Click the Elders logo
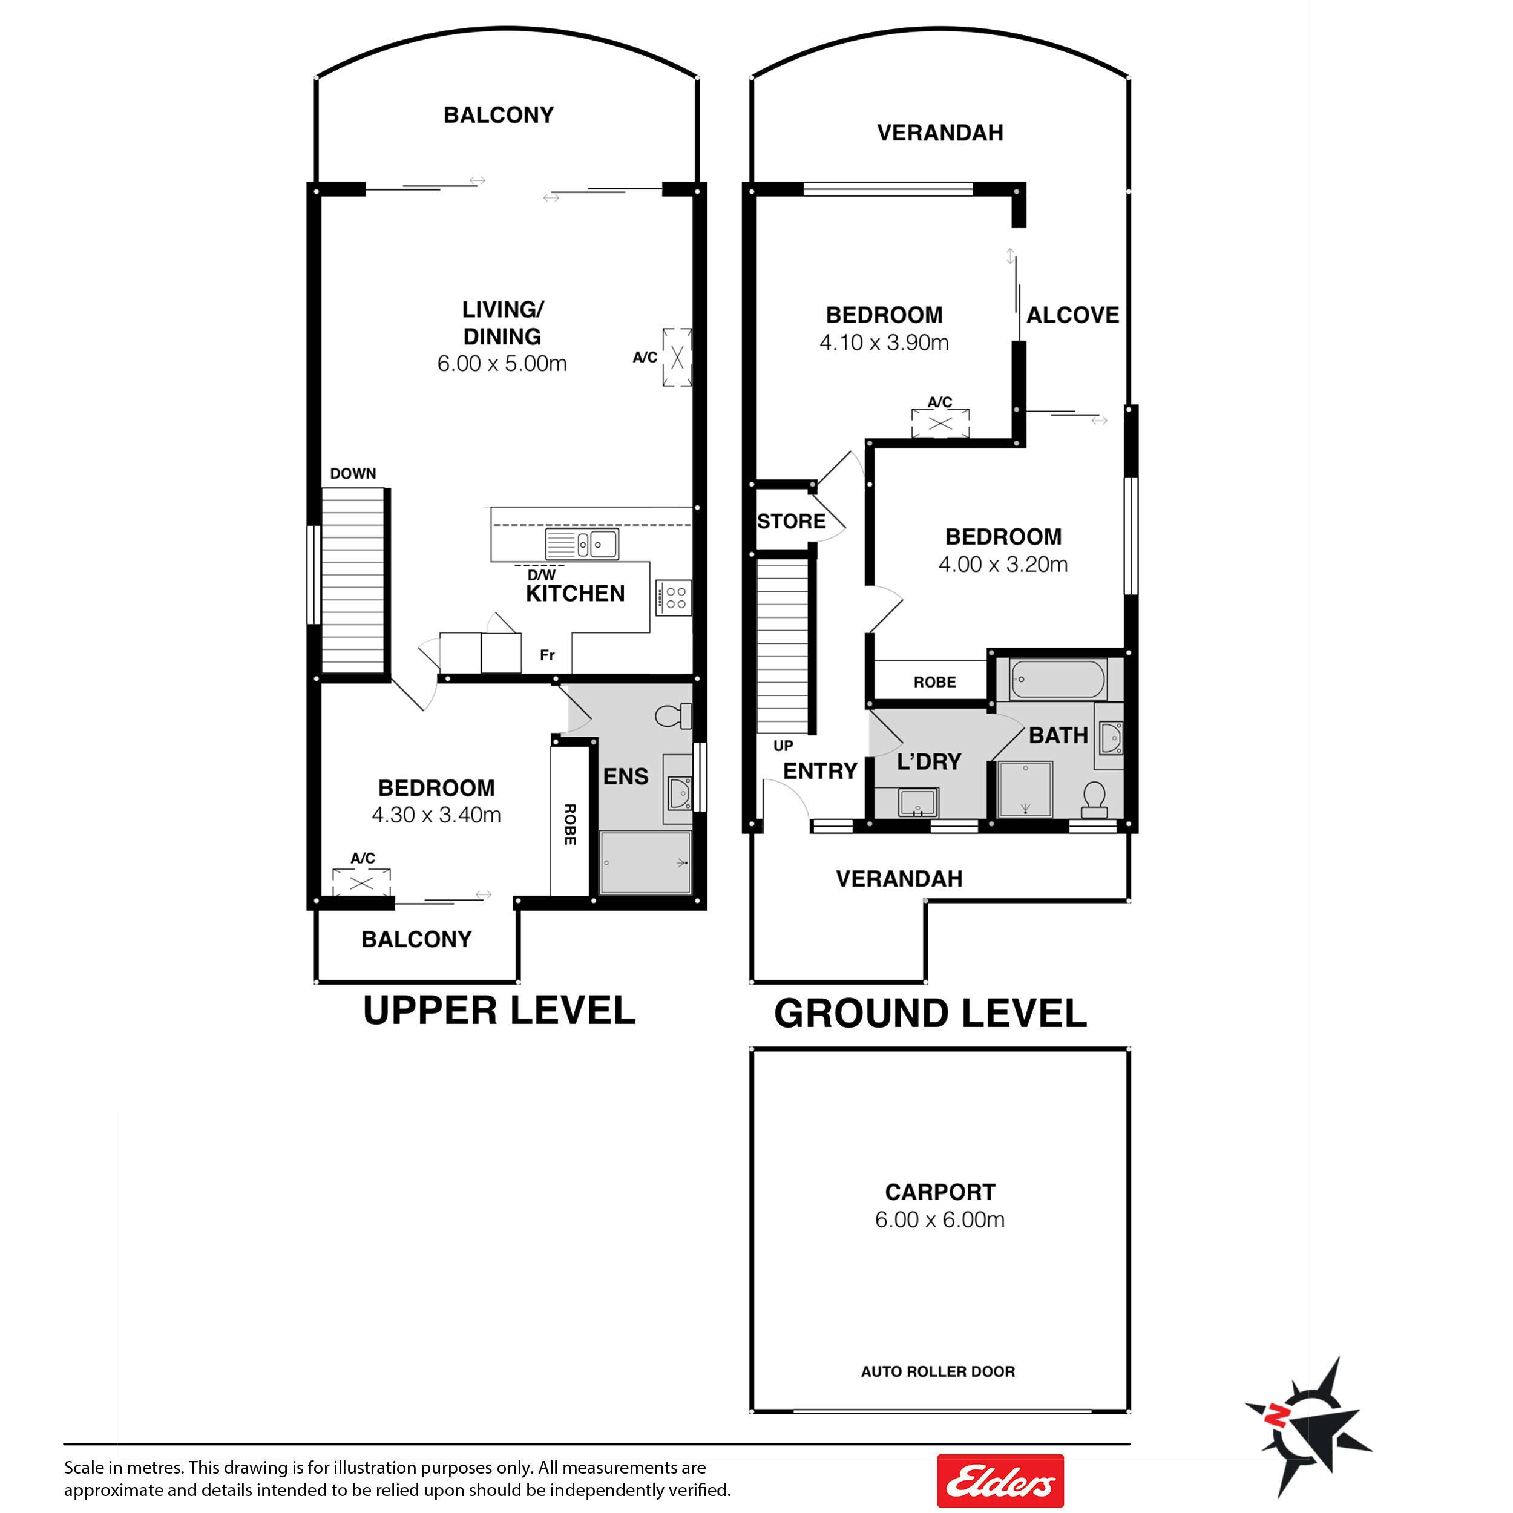click(x=1000, y=1481)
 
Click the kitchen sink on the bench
click(x=582, y=543)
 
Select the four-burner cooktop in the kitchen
click(x=674, y=597)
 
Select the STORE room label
click(x=791, y=522)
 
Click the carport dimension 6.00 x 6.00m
click(x=940, y=1219)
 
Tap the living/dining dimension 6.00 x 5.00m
click(x=502, y=363)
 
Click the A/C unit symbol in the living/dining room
click(x=677, y=358)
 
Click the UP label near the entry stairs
click(x=783, y=746)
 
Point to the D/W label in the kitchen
click(x=541, y=575)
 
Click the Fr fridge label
click(x=546, y=655)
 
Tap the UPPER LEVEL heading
click(x=499, y=1010)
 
